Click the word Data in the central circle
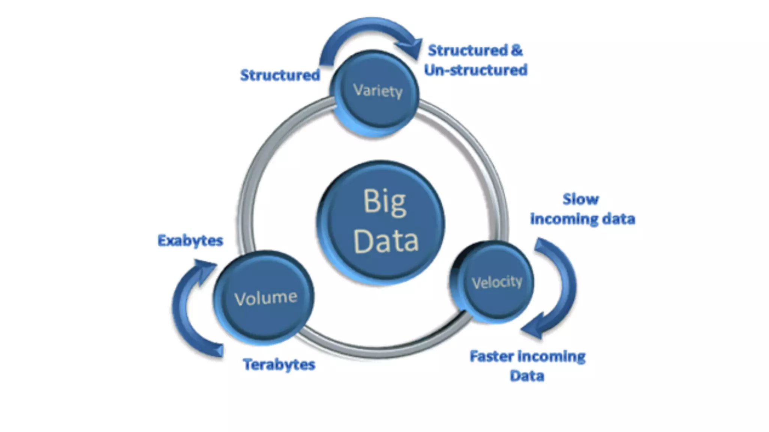(x=386, y=241)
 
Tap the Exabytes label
(x=190, y=240)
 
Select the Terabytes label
(x=279, y=364)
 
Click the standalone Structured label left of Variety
(x=280, y=75)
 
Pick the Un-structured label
(x=476, y=70)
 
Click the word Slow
(x=581, y=199)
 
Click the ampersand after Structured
(x=517, y=50)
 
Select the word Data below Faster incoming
(x=527, y=376)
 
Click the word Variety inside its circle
(x=378, y=91)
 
